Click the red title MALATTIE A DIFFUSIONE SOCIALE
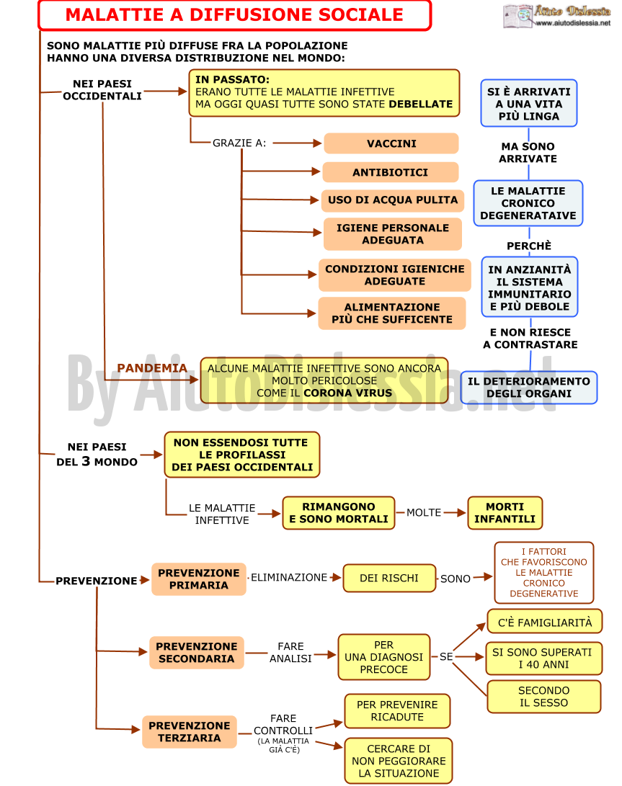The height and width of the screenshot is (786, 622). pyautogui.click(x=234, y=15)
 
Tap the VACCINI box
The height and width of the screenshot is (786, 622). pyautogui.click(x=391, y=143)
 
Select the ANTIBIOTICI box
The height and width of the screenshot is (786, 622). pyautogui.click(x=390, y=172)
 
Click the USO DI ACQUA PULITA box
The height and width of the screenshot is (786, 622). pyautogui.click(x=393, y=200)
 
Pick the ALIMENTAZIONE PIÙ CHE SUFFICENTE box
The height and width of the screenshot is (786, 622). pyautogui.click(x=392, y=313)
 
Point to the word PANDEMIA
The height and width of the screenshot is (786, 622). pyautogui.click(x=152, y=368)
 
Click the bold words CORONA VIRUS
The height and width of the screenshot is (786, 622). pyautogui.click(x=347, y=393)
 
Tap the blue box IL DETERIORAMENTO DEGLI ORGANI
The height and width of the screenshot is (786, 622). pyautogui.click(x=529, y=388)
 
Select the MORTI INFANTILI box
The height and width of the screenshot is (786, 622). pyautogui.click(x=505, y=513)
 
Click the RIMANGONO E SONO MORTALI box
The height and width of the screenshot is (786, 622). pyautogui.click(x=339, y=513)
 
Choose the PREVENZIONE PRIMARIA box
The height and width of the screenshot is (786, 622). pyautogui.click(x=199, y=579)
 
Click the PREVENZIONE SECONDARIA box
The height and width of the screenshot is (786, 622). pyautogui.click(x=197, y=653)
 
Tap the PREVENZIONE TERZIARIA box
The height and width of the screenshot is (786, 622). pyautogui.click(x=189, y=732)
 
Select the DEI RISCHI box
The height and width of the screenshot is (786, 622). pyautogui.click(x=388, y=578)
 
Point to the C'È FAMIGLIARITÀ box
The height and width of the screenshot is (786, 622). pyautogui.click(x=544, y=622)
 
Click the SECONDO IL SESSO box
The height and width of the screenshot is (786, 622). pyautogui.click(x=543, y=697)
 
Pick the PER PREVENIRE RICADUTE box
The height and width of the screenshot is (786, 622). pyautogui.click(x=397, y=711)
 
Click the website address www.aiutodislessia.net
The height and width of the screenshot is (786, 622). pyautogui.click(x=573, y=23)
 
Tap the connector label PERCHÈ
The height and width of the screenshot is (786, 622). pyautogui.click(x=529, y=246)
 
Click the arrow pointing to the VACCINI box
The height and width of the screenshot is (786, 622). pyautogui.click(x=297, y=143)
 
